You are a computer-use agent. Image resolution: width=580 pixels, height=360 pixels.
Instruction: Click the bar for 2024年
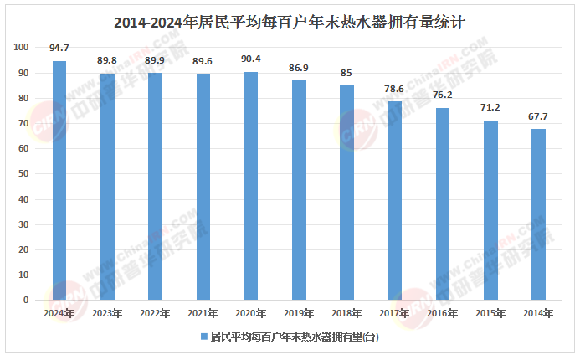pos(59,180)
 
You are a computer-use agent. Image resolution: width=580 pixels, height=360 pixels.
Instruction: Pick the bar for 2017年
pos(394,201)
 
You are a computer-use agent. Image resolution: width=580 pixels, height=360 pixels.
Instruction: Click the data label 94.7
pos(59,48)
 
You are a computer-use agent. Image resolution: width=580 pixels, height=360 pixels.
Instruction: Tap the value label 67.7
pos(538,116)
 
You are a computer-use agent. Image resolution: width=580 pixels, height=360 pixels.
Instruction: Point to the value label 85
pos(346,73)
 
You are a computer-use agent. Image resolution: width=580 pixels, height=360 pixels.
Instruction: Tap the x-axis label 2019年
pos(299,313)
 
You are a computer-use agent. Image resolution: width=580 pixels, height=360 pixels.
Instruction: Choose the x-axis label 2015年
pos(490,313)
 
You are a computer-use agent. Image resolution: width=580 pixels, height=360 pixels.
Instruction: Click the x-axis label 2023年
pos(107,313)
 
